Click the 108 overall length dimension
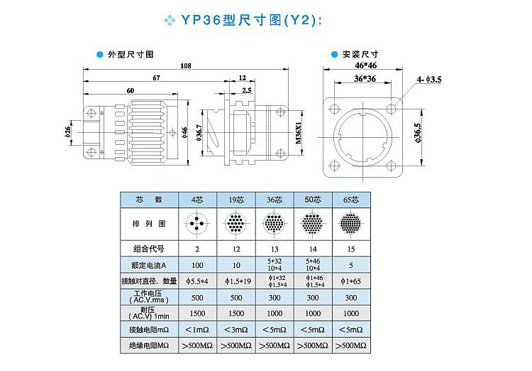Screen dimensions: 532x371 tap(187, 66)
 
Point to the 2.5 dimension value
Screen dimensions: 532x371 tap(246, 90)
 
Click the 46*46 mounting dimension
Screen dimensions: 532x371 tap(366, 65)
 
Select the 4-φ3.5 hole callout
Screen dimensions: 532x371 tap(429, 80)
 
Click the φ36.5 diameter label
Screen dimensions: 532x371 tap(417, 133)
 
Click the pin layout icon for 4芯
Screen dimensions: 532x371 tap(197, 224)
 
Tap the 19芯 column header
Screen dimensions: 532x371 tap(235, 200)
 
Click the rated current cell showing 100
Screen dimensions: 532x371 tap(197, 264)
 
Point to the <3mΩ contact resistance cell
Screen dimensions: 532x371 tap(235, 329)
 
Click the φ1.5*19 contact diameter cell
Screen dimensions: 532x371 tap(235, 280)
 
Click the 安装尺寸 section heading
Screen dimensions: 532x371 tap(360, 53)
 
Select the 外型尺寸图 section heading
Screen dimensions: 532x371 tap(131, 54)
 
